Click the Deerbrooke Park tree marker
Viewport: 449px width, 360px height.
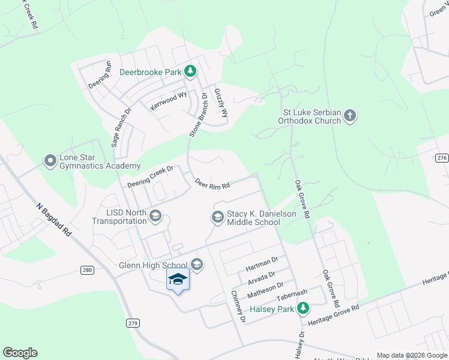[190, 72]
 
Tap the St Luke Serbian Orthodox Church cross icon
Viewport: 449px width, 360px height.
[350, 115]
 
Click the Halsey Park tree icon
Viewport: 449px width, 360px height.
[304, 308]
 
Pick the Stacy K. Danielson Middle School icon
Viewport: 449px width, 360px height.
[217, 216]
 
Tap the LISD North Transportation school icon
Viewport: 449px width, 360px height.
[155, 215]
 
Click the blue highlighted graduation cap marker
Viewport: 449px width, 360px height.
[178, 279]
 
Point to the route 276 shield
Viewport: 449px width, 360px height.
[442, 157]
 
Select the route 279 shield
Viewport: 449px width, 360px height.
[133, 323]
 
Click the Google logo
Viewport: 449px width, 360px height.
[20, 353]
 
